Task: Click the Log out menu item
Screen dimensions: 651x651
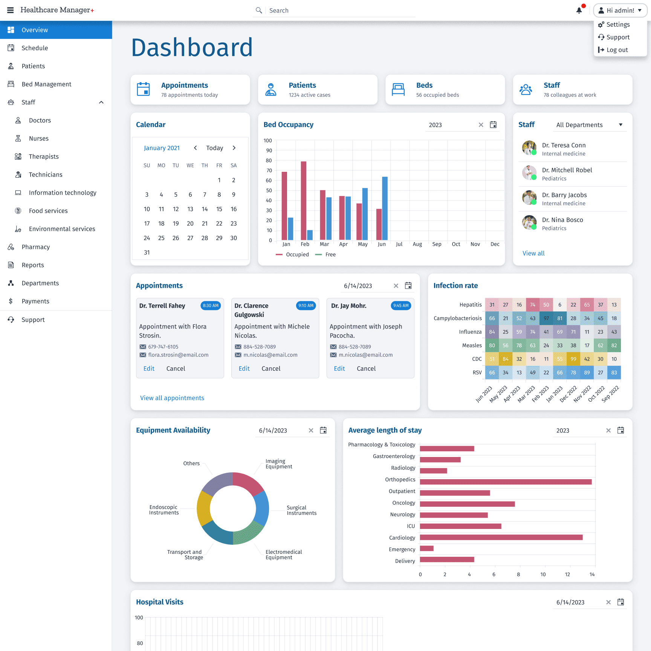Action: tap(617, 50)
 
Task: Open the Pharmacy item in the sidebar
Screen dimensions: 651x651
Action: tap(35, 247)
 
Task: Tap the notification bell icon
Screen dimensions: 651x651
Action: tap(579, 11)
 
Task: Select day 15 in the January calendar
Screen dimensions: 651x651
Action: tap(219, 209)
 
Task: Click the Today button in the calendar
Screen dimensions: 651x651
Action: tap(214, 148)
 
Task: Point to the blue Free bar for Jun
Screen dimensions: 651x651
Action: tap(385, 208)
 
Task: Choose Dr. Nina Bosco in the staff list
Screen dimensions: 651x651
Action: tap(562, 220)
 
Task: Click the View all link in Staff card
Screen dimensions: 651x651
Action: tap(533, 254)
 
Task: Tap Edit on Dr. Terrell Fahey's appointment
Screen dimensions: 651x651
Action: tap(149, 369)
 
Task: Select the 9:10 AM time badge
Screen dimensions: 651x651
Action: tap(306, 306)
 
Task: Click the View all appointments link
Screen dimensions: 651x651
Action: tap(172, 398)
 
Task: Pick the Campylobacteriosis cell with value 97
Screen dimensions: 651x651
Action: tap(546, 318)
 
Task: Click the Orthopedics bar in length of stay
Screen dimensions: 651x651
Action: tap(505, 482)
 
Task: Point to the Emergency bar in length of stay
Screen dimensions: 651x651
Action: tap(426, 549)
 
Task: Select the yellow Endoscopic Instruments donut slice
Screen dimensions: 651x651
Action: tap(204, 509)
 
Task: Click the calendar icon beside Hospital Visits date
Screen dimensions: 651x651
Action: tap(620, 602)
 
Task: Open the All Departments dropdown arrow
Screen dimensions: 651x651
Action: tap(620, 125)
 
